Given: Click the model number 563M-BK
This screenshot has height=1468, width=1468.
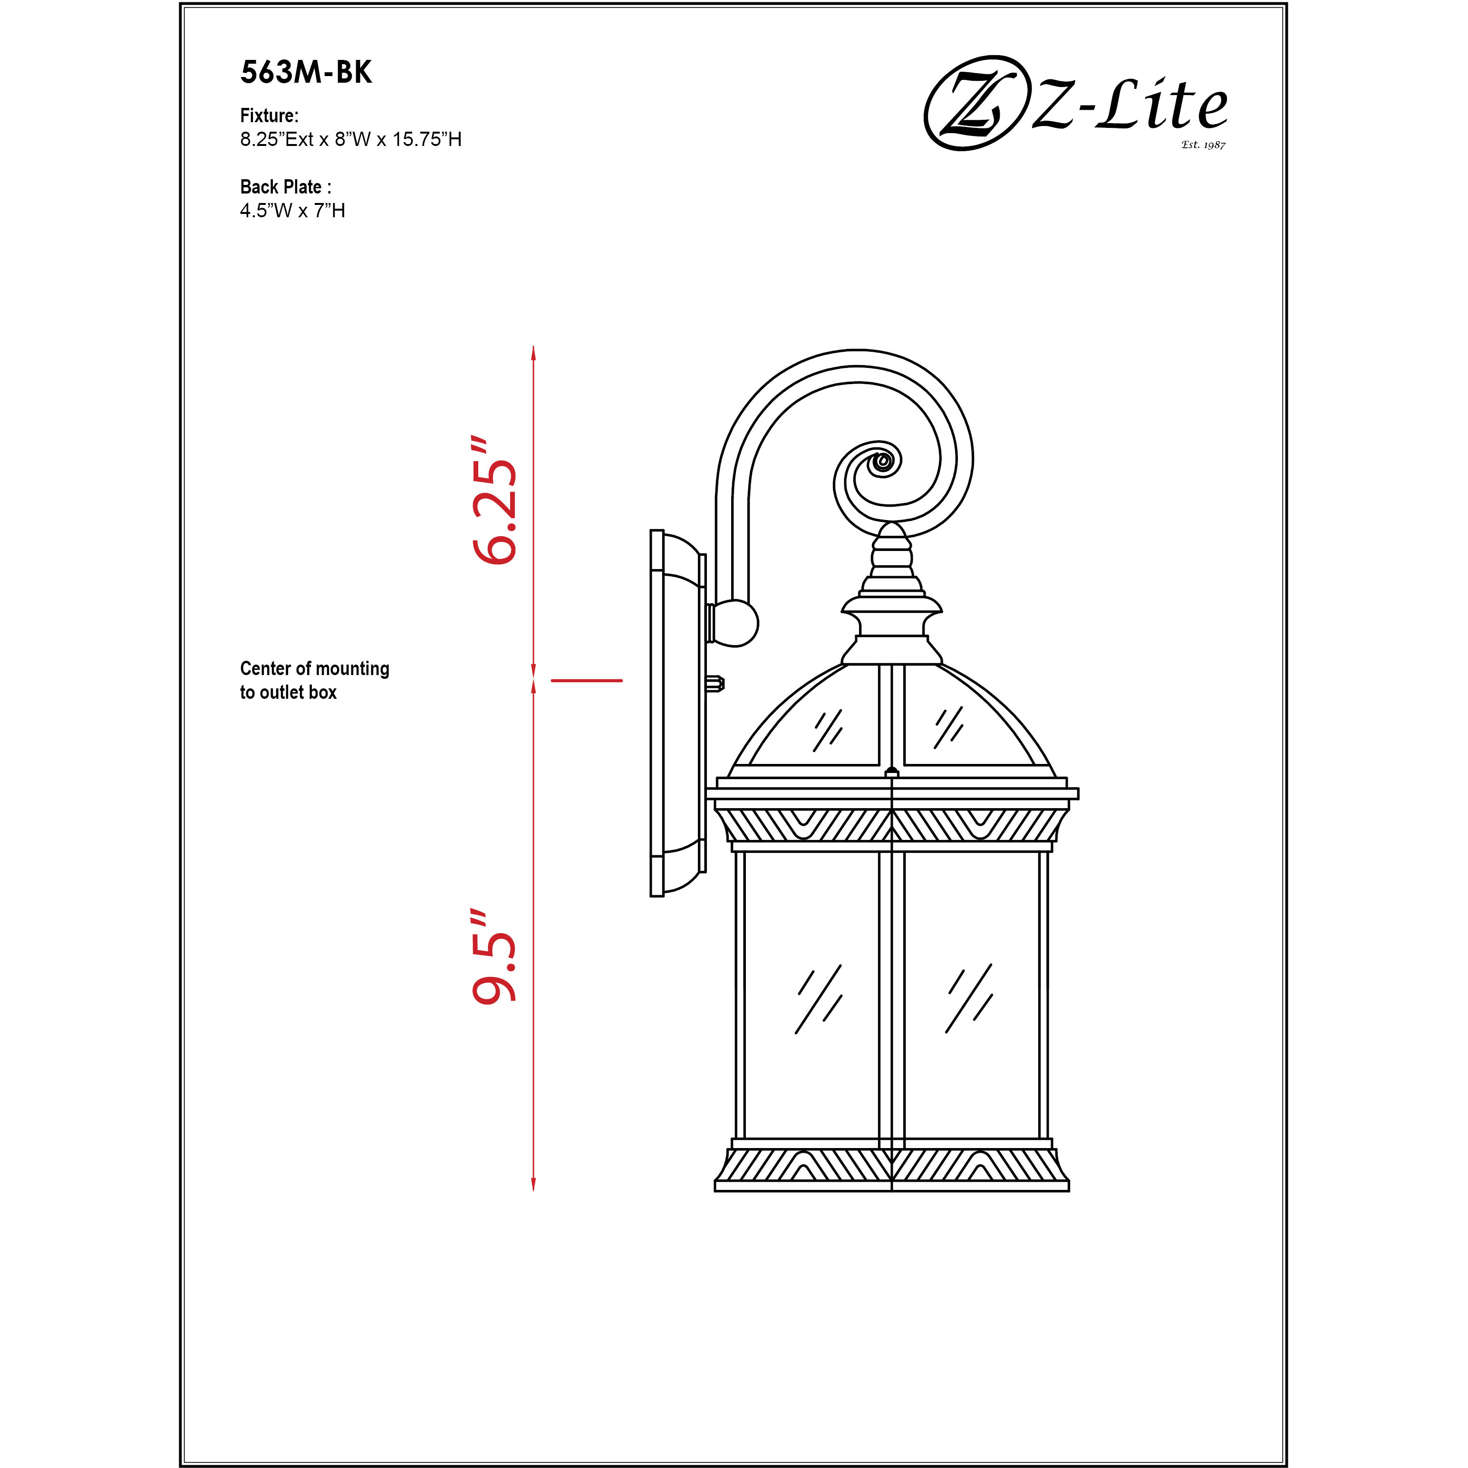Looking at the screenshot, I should click(x=306, y=72).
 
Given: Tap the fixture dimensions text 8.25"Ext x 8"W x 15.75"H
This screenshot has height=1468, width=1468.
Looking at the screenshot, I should click(x=350, y=140).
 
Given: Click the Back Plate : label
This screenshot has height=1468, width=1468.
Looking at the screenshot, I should click(x=285, y=187).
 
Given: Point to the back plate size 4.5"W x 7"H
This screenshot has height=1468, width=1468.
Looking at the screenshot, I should click(x=292, y=211).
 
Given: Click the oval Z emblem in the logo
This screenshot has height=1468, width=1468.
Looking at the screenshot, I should click(x=972, y=103).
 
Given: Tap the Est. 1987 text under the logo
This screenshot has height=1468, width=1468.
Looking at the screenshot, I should click(x=1203, y=145).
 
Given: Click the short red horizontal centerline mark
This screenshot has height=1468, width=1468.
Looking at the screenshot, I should click(x=587, y=681).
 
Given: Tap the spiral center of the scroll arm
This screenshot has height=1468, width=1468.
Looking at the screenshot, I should click(x=883, y=461).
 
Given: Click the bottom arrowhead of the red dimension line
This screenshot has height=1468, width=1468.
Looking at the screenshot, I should click(x=533, y=1184).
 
